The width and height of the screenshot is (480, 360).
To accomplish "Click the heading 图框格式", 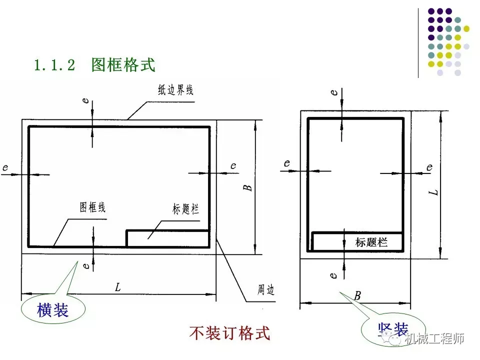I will (x=123, y=64).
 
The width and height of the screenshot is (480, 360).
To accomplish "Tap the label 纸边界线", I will (x=175, y=90).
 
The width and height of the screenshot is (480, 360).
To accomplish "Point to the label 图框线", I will (x=93, y=207).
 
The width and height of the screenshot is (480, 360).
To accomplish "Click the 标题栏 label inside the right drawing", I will (x=371, y=242).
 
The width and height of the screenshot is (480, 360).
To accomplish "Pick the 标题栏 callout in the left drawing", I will (x=185, y=209).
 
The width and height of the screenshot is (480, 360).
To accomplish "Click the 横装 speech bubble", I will (x=52, y=310).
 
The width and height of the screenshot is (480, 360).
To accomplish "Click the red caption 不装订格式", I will (x=229, y=332).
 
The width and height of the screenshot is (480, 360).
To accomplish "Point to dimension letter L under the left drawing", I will (x=117, y=287).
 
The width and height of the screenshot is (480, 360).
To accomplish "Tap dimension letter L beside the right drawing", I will (x=434, y=191).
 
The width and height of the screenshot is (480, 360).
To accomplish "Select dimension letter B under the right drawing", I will (x=357, y=295).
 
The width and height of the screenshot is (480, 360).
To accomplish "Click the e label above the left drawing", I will (x=86, y=100).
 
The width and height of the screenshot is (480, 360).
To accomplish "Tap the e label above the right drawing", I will (x=334, y=92).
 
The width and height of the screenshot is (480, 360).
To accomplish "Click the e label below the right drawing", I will (x=334, y=274).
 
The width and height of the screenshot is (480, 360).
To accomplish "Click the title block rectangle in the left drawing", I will (x=167, y=238).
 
